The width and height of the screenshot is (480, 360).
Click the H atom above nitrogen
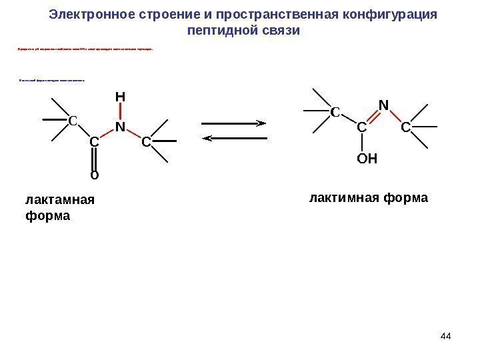pos(120,97)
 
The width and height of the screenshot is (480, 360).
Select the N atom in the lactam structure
pos(120,127)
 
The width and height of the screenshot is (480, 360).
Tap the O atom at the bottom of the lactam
pos(94,175)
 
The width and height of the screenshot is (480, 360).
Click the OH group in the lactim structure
pos(367,159)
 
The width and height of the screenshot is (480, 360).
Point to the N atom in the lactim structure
pos(383,105)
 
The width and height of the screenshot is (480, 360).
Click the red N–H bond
pos(120,112)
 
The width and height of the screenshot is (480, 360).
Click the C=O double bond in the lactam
pos(94,159)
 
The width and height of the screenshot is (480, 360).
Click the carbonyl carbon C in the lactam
pos(94,142)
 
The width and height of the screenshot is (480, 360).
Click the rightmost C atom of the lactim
pos(406,126)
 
